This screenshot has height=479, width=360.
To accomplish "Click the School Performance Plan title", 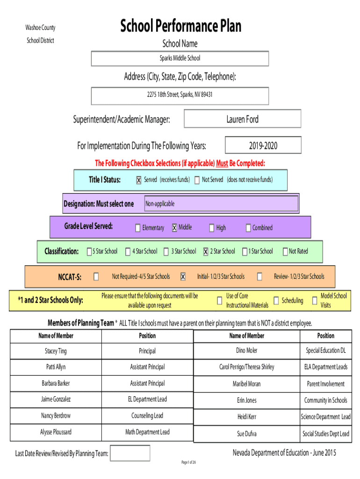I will click(x=180, y=26).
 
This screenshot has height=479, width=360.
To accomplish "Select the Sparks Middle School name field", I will click(x=180, y=58).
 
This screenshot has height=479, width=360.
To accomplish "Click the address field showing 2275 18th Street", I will click(x=180, y=95).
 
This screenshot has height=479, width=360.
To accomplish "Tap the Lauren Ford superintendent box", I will click(x=242, y=119).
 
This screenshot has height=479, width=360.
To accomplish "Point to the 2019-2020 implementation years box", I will click(x=263, y=146).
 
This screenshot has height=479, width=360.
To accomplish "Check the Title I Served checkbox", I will click(x=138, y=180).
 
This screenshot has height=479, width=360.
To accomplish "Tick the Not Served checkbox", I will click(x=197, y=180).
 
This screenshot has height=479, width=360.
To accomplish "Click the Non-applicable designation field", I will click(x=221, y=204).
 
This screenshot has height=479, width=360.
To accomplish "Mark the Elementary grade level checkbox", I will click(x=137, y=228).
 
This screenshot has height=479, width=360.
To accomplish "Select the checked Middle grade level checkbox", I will click(x=174, y=228).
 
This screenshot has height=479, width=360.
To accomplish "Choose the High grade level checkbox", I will click(x=211, y=228).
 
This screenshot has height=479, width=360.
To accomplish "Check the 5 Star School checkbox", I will click(x=89, y=252).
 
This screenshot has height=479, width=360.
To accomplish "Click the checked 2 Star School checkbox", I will click(x=206, y=252).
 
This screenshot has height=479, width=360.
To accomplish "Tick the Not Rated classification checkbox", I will click(x=285, y=252).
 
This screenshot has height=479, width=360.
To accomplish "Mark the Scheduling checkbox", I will click(x=276, y=300).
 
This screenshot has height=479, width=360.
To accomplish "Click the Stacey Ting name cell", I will click(x=56, y=351).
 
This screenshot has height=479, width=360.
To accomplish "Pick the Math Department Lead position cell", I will click(x=147, y=432).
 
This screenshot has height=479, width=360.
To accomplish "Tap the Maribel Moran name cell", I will click(x=246, y=384).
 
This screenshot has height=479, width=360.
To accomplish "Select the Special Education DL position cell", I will click(x=326, y=351).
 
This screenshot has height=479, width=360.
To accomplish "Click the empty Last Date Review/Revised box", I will click(x=130, y=453).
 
